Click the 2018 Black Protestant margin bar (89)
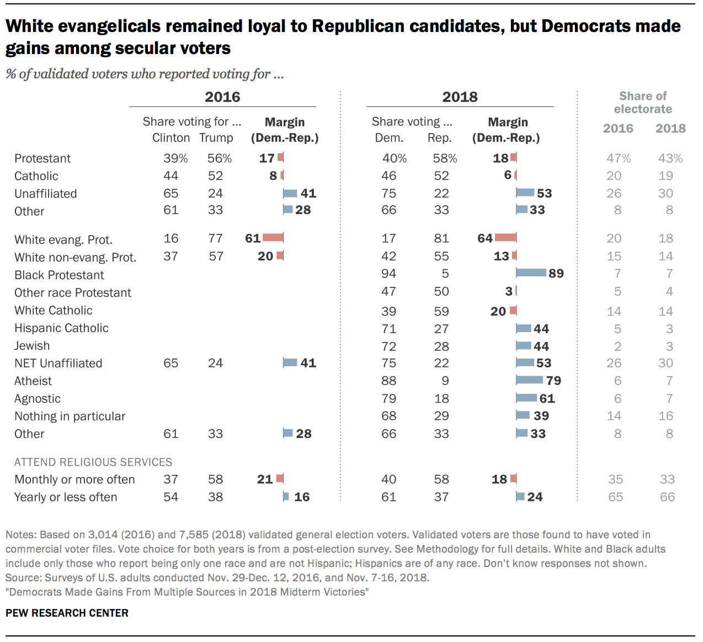[x=531, y=273]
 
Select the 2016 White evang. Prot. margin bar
[x=273, y=238]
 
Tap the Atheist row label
[x=33, y=381]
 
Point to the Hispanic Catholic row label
[x=61, y=328]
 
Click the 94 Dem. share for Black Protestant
[x=389, y=274]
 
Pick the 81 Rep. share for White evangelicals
[x=441, y=238]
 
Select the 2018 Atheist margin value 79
[x=553, y=381]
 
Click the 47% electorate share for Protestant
[x=618, y=158]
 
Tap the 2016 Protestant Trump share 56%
[x=219, y=158]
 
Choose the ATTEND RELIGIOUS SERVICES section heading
[x=93, y=462]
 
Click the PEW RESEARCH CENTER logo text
[x=67, y=613]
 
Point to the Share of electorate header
[x=643, y=103]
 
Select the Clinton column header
[x=171, y=138]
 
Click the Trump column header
[x=216, y=138]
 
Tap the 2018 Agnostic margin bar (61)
[x=526, y=398]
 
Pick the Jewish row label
[x=32, y=346]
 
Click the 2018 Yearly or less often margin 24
[x=535, y=497]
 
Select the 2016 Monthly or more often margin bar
[x=280, y=479]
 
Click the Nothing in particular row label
[x=70, y=416]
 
